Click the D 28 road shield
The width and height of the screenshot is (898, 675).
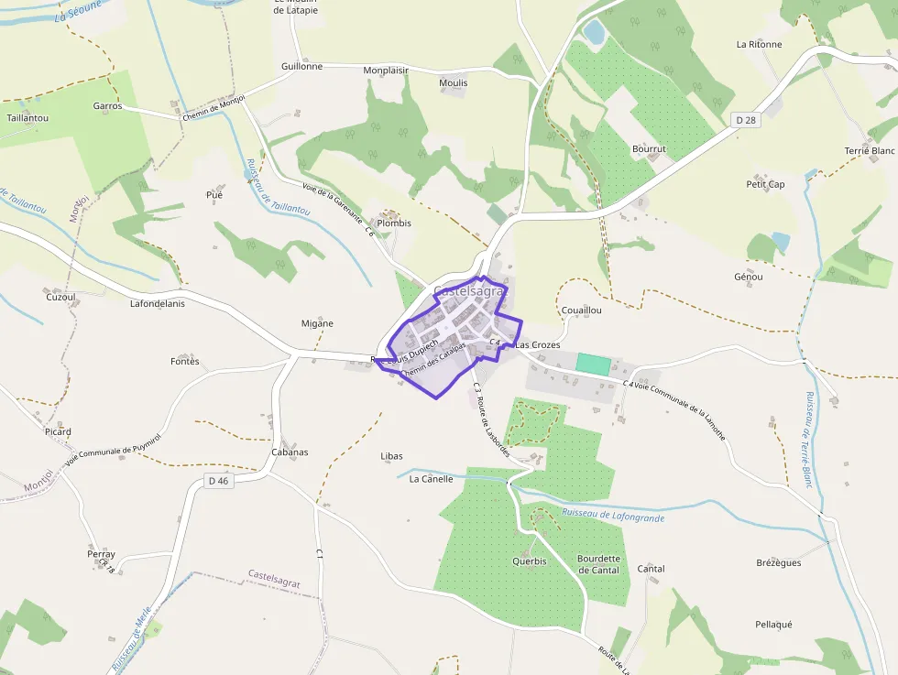[x=746, y=120]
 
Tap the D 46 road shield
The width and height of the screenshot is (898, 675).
[x=218, y=480]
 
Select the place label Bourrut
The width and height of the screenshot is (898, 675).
[x=649, y=148]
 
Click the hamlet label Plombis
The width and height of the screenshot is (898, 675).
[x=394, y=223]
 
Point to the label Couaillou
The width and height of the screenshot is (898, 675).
[x=581, y=310]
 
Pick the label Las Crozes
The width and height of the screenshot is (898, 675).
[x=537, y=344]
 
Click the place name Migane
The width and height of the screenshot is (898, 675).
[x=317, y=323]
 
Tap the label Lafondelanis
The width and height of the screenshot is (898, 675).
[x=157, y=303]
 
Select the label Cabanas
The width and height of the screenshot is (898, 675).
[x=290, y=452]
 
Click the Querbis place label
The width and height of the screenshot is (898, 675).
[x=529, y=561]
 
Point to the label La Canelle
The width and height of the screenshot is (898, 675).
[x=431, y=478]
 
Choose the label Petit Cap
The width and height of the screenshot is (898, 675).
[x=765, y=184]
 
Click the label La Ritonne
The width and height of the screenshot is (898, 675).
[x=759, y=44]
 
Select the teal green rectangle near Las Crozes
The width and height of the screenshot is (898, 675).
[x=592, y=363]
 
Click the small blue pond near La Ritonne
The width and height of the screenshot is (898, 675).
[x=595, y=32]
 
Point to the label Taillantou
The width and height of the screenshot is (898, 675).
[x=27, y=118]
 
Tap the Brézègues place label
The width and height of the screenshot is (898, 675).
[x=778, y=562]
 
